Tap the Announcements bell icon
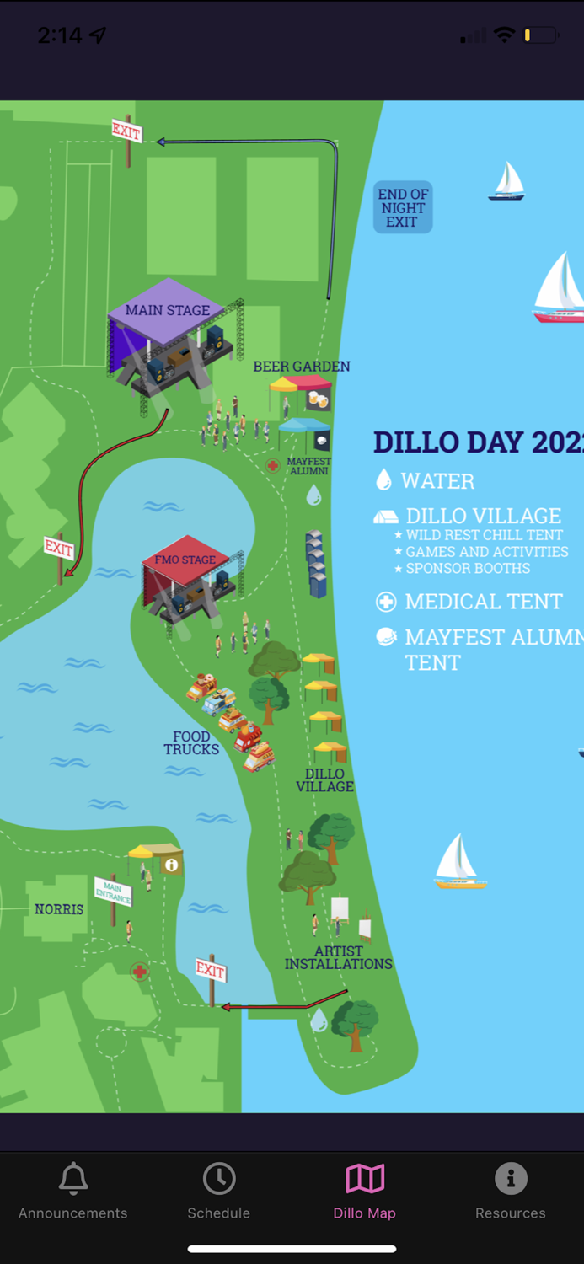[x=73, y=1178]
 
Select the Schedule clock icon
[x=219, y=1178]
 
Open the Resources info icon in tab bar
[x=511, y=1178]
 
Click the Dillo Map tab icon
[x=365, y=1178]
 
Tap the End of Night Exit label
[x=403, y=207]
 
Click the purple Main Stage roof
[x=166, y=310]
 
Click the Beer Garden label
[x=302, y=367]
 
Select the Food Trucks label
[x=191, y=743]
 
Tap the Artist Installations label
[x=339, y=957]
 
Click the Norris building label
[x=59, y=909]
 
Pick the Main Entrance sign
[x=113, y=892]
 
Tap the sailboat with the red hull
[x=558, y=289]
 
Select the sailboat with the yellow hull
[x=459, y=861]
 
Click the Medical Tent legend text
[x=483, y=602]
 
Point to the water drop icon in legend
[x=383, y=480]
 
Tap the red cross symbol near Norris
[x=140, y=972]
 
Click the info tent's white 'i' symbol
[x=172, y=865]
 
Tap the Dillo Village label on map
[x=324, y=780]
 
